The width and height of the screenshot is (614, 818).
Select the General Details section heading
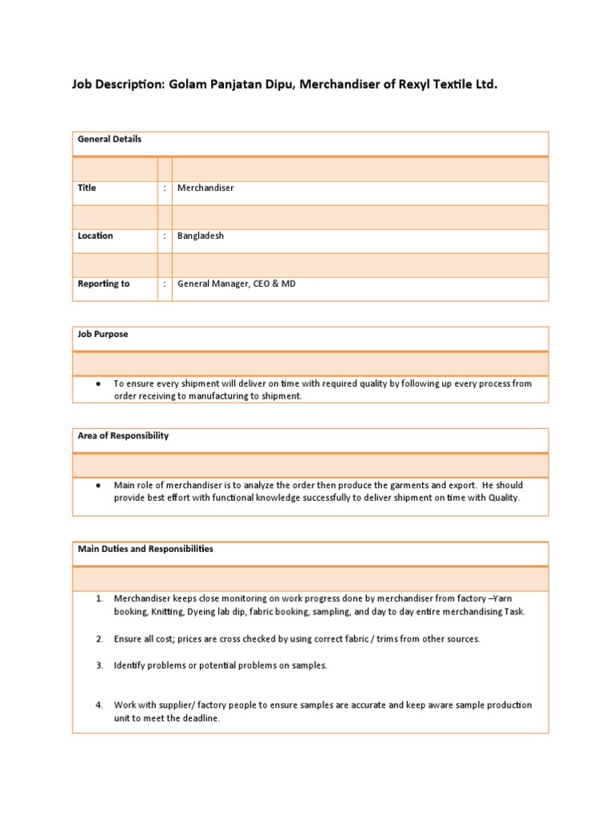click(x=110, y=139)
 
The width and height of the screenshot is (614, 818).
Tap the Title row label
click(x=86, y=188)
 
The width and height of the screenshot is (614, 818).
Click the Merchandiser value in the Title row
click(x=205, y=188)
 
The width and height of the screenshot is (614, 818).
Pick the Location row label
click(x=95, y=236)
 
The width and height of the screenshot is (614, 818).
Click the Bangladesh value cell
click(x=201, y=236)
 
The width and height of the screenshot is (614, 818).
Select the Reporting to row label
click(x=103, y=284)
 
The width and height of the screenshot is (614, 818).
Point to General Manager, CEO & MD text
click(x=236, y=284)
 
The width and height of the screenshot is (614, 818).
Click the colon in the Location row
click(x=165, y=236)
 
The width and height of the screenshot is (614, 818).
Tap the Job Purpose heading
click(x=102, y=334)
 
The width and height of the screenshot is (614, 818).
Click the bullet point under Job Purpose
click(x=97, y=384)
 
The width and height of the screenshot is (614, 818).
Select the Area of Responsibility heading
click(x=122, y=435)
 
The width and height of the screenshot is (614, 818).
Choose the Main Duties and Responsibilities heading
click(x=145, y=549)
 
